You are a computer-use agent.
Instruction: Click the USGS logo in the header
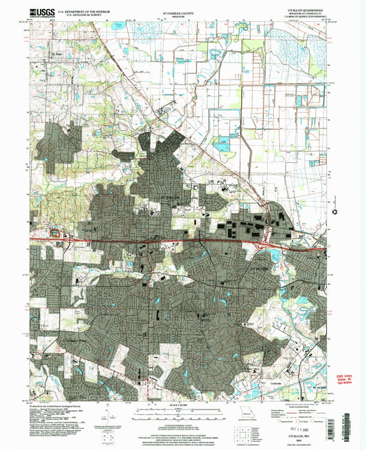click(42, 12)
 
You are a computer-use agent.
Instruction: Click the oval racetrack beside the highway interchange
click(54, 234)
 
